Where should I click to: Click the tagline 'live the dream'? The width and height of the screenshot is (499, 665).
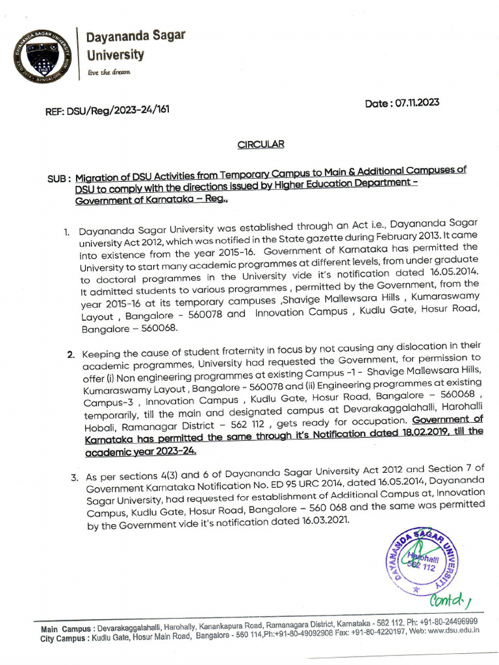pos(109,72)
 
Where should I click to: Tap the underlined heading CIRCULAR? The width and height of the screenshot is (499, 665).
pos(261,144)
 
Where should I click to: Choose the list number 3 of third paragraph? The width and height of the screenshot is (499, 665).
pos(75,479)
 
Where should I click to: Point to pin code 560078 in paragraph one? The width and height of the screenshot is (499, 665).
pos(202,314)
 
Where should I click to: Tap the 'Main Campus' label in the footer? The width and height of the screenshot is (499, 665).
pos(65,629)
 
